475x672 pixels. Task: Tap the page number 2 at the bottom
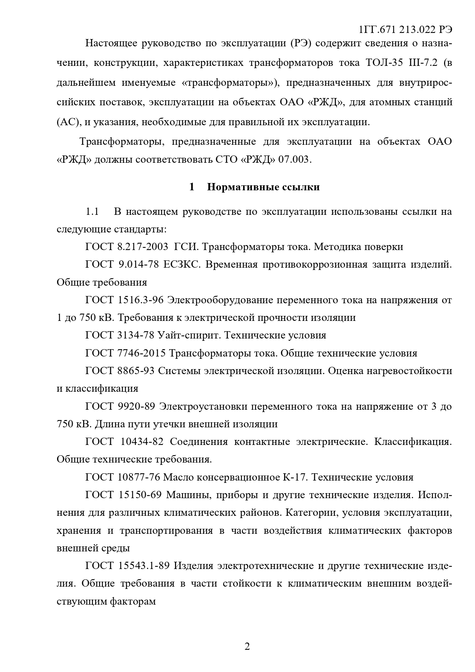247,647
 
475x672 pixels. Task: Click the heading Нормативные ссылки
263,187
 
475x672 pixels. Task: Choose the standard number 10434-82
142,442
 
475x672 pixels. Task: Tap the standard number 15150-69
140,495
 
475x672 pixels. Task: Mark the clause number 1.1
92,212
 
